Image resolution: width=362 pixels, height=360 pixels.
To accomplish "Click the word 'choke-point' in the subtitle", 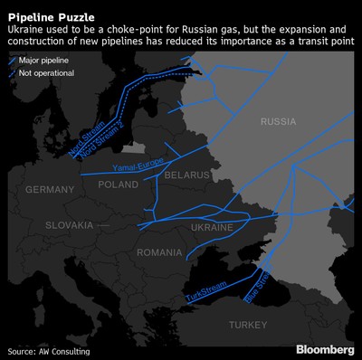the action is tap(125, 29).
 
